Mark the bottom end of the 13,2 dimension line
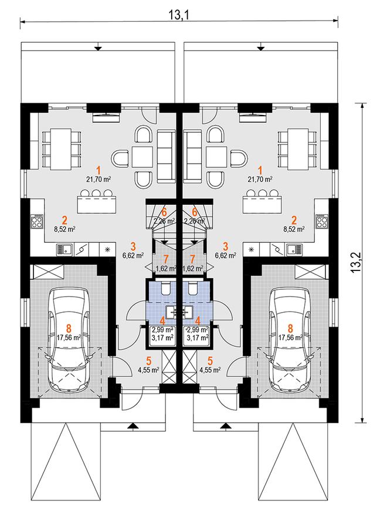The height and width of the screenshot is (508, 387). [361, 422]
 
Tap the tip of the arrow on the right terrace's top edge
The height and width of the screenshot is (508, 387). [260, 51]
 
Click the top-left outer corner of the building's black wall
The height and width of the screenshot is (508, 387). [21, 103]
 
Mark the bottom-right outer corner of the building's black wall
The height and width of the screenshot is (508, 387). [338, 422]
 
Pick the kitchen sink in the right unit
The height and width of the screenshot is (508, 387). [294, 249]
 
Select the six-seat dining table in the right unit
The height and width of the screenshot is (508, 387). [297, 149]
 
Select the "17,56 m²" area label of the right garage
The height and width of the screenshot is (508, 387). [291, 337]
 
